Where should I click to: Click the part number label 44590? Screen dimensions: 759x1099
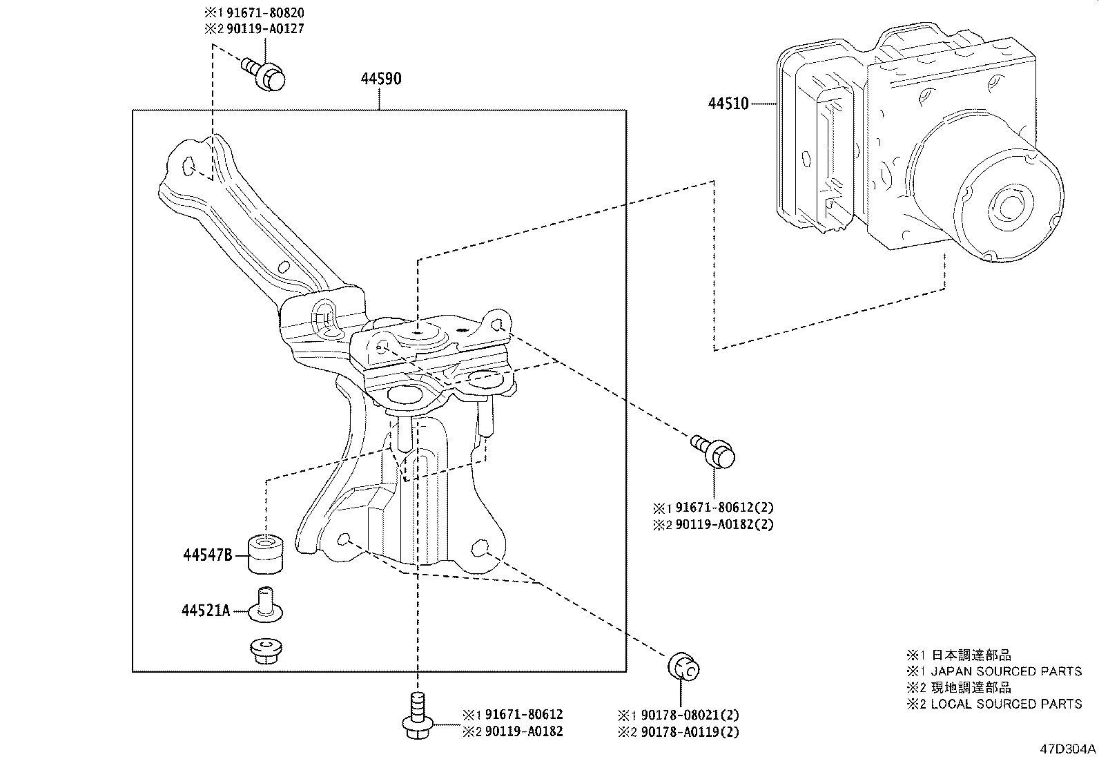(x=380, y=79)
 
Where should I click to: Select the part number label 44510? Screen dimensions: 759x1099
(x=728, y=104)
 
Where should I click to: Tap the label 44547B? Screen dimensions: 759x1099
(x=207, y=555)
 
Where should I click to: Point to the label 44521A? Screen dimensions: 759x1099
(x=206, y=611)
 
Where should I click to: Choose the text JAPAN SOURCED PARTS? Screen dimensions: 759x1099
(x=1006, y=671)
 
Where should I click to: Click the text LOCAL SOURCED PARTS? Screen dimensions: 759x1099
(x=1006, y=704)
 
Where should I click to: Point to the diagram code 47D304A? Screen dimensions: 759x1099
(x=1067, y=749)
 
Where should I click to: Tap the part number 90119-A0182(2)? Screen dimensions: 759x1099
(x=718, y=524)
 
